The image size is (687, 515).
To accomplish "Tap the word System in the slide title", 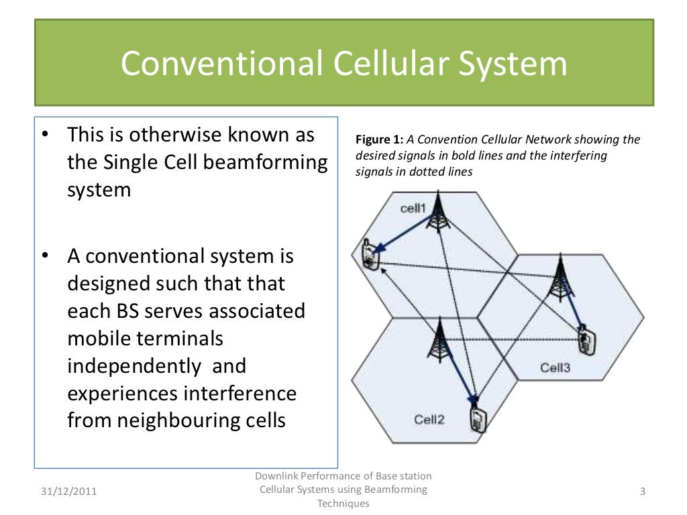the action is click(x=513, y=65).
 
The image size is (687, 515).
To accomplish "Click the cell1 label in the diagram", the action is click(x=413, y=208).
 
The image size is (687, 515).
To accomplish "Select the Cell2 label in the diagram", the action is click(x=429, y=420).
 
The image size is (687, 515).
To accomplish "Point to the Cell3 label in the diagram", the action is click(x=555, y=367).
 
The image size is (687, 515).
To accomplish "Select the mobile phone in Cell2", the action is click(x=478, y=419).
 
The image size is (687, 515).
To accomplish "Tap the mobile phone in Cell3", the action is click(x=588, y=340).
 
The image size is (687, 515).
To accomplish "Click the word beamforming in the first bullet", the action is click(x=276, y=162).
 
